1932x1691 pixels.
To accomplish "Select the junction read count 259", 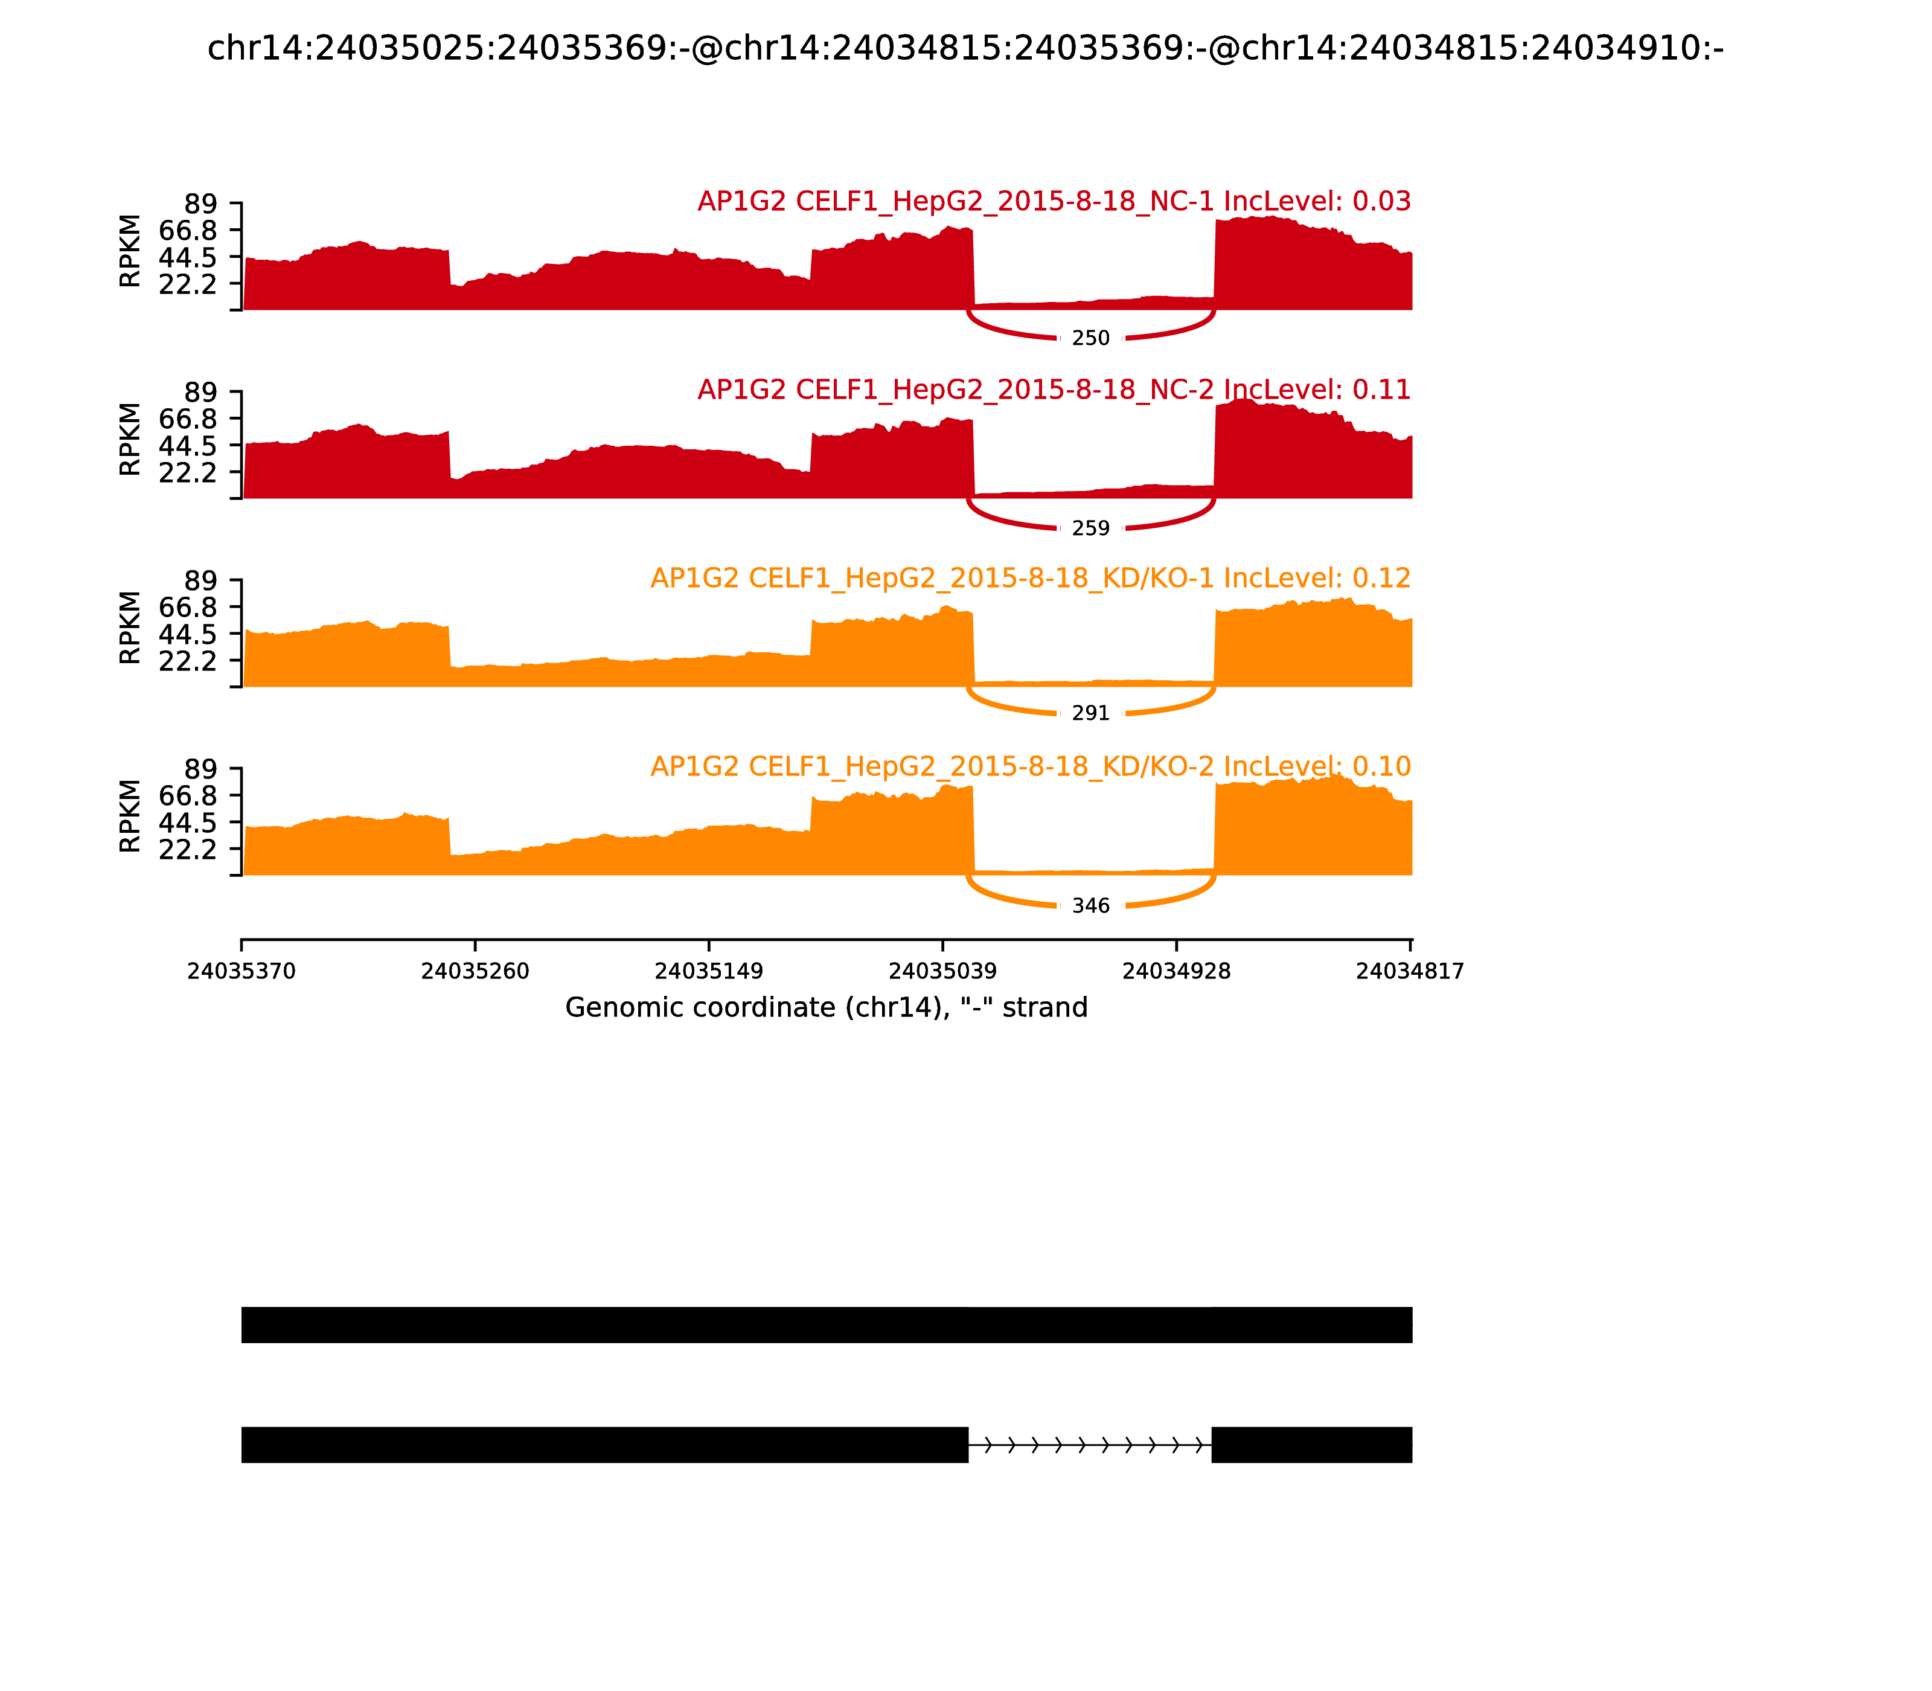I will (1090, 528).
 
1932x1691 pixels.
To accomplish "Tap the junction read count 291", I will (1090, 713).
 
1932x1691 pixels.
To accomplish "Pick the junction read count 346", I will (1090, 906).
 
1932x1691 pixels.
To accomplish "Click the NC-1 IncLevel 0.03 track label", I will (1054, 201).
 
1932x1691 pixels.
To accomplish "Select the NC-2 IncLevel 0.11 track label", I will (1054, 390).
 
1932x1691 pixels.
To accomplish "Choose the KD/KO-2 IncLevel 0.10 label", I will (1030, 766).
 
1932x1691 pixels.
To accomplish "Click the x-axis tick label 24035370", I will (241, 972).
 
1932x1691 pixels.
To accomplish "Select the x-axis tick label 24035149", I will (708, 972).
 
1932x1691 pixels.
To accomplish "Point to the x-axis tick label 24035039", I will (942, 972).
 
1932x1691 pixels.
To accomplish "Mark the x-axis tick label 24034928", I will (1176, 972).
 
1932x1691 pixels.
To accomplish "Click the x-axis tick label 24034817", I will (1409, 972).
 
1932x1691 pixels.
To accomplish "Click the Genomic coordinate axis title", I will (827, 1008).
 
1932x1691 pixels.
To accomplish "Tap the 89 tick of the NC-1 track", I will (200, 204).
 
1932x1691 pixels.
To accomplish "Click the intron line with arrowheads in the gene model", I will (1090, 1445).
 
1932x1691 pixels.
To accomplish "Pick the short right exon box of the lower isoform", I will (1311, 1445).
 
